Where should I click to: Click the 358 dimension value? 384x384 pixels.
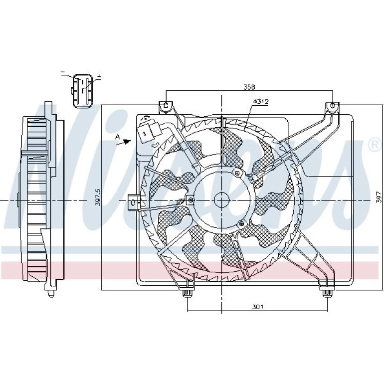coord(249,87)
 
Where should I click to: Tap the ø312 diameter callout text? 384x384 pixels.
coord(261,101)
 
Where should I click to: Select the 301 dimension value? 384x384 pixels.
coord(258,307)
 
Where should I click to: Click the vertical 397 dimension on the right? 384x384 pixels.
coord(379,196)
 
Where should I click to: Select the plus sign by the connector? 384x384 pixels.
coord(99,76)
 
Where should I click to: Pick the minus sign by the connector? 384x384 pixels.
coord(63,72)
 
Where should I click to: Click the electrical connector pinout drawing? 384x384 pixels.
coord(82,91)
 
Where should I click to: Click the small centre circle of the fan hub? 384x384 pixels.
coord(221,200)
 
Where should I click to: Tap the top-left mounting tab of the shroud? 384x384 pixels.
coord(166,107)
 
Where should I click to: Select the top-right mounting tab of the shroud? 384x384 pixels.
coord(333,107)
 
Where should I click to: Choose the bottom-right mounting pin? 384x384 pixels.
coord(327,293)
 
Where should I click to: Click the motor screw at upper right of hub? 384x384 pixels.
coord(237,174)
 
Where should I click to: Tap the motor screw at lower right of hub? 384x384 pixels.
coord(242,223)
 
